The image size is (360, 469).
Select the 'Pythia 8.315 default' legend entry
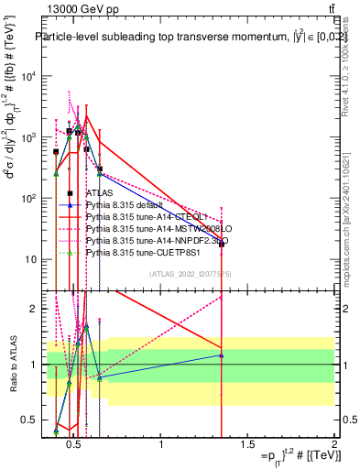coord(125,205)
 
